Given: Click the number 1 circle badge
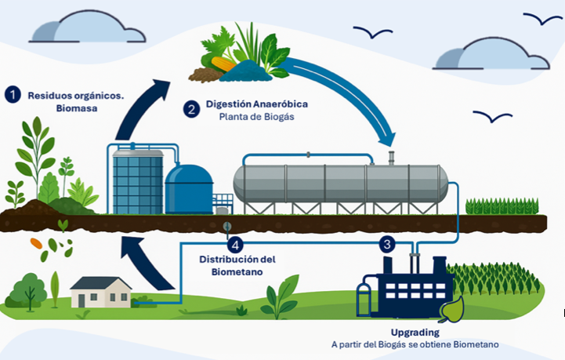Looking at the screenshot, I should (x=12, y=95).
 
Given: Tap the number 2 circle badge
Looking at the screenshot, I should (x=191, y=109).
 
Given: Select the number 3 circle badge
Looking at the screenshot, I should (x=387, y=244).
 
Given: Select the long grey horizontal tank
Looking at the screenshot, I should (x=340, y=184).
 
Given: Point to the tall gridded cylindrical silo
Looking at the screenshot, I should (x=136, y=181).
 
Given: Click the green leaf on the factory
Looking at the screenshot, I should (x=453, y=312).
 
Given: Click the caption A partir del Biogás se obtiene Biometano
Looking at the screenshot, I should (x=415, y=344).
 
